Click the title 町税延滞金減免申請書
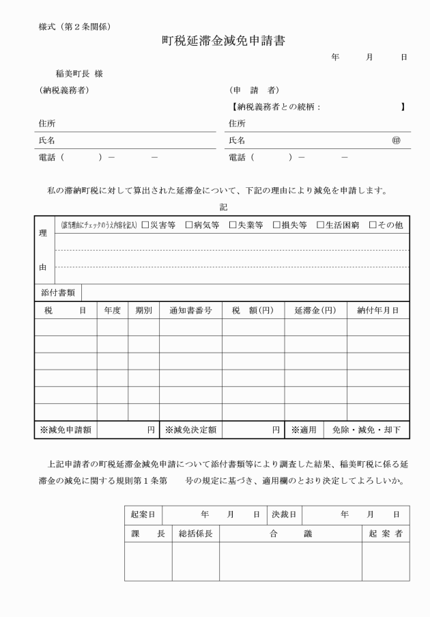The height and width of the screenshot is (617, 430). tap(223, 41)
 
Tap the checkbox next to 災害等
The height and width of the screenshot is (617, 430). tap(145, 225)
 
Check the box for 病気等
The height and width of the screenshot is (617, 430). tap(189, 225)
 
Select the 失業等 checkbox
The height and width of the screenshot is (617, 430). tap(233, 225)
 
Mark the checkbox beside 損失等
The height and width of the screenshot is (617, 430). tap(276, 225)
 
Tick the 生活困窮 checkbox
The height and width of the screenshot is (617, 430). tap(320, 225)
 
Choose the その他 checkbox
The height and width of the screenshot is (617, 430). tap(373, 225)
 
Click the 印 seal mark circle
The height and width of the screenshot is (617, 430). tap(396, 140)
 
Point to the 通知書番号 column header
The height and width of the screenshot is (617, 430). tap(190, 310)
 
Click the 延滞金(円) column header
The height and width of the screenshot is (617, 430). tap(315, 310)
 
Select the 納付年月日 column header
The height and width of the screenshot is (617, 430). tap(378, 310)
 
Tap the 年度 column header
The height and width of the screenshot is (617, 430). tap(112, 310)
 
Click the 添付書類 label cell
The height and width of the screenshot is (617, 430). tap(57, 292)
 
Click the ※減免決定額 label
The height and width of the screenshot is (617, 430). tap(190, 430)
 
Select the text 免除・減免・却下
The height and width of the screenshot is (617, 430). tap(366, 430)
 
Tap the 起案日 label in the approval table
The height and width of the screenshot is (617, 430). tap(142, 514)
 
